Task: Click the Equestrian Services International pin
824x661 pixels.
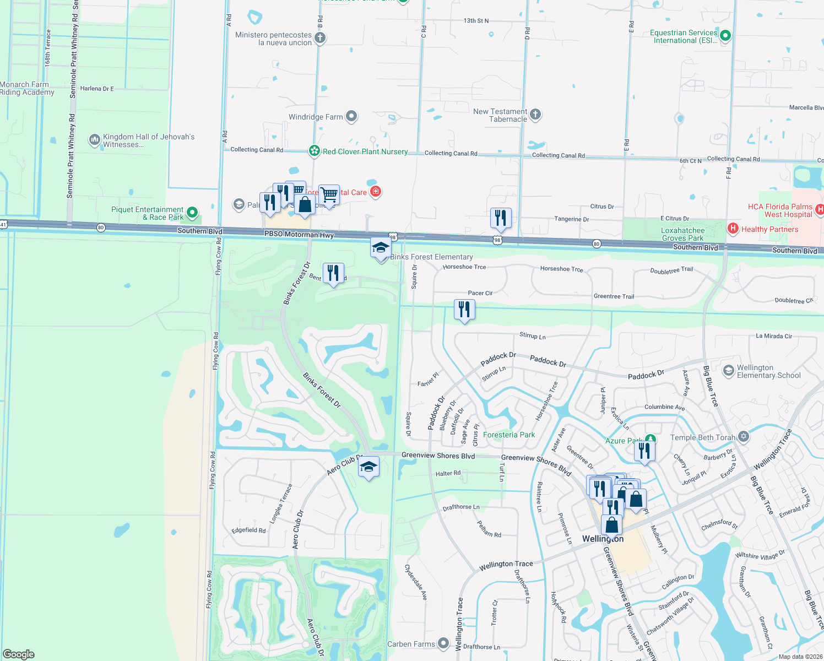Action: point(725,36)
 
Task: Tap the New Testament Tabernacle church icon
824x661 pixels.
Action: point(535,115)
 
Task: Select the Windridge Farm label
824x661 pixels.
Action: point(316,117)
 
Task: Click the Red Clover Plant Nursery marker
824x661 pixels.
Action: point(314,151)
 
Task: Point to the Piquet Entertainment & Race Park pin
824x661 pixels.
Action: point(192,212)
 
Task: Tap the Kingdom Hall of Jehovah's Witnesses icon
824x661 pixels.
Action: point(94,140)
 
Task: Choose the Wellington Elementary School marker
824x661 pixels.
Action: point(728,371)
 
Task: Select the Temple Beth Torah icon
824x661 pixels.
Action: point(744,437)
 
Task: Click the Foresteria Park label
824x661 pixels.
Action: point(509,435)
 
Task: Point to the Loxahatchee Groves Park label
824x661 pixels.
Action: point(683,234)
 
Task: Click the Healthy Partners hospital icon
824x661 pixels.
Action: point(733,228)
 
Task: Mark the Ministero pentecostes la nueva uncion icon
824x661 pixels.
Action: point(320,38)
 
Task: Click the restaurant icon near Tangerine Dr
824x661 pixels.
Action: point(501,218)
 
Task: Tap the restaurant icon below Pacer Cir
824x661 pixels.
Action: point(464,310)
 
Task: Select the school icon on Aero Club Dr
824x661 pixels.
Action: point(368,467)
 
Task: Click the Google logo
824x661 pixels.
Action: point(19,654)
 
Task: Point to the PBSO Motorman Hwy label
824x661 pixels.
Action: point(299,234)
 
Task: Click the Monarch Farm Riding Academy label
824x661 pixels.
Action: point(27,88)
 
